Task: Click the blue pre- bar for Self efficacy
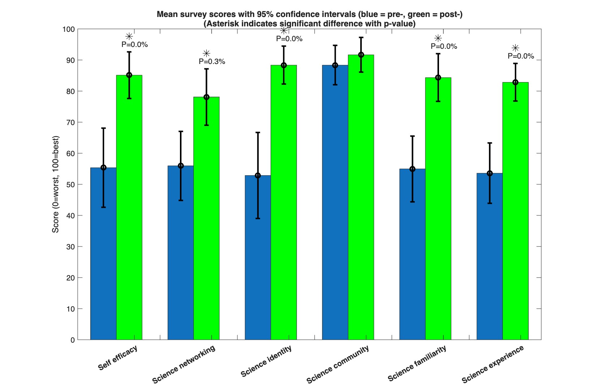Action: pos(103,254)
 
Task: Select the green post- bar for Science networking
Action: pos(206,218)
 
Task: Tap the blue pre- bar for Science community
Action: pos(335,202)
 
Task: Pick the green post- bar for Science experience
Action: pos(516,211)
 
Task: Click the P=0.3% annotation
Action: pos(212,62)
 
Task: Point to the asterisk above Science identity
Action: pos(284,31)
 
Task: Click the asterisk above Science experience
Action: pos(516,48)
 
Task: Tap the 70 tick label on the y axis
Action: pos(71,123)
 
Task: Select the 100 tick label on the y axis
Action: pos(69,29)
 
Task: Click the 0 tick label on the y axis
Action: pos(73,340)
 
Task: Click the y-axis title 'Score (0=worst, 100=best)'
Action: pos(55,184)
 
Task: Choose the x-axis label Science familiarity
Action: pos(417,363)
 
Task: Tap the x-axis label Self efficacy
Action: pos(118,358)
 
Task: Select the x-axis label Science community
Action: pos(338,364)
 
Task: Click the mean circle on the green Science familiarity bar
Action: pos(438,78)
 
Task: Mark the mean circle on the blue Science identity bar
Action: pos(258,176)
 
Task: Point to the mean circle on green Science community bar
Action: pos(361,55)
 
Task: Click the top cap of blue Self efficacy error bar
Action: pos(103,128)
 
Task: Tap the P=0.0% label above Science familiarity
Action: pos(444,47)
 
